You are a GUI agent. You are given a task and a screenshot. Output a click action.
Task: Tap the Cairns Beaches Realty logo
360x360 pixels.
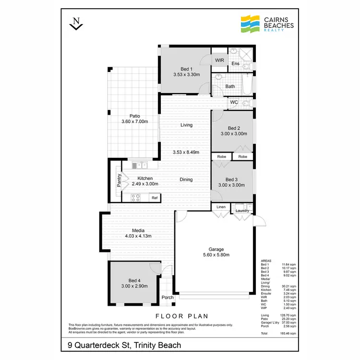point(266,23)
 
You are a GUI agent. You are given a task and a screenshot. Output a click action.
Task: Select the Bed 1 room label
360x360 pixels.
point(186,69)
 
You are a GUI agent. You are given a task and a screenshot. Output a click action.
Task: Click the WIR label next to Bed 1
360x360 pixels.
point(219,60)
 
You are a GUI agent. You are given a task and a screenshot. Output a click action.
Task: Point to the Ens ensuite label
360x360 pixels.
point(235,64)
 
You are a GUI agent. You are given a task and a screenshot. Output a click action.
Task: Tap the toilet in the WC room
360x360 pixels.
point(245,103)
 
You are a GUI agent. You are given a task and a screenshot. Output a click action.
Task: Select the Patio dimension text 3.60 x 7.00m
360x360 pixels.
point(134,122)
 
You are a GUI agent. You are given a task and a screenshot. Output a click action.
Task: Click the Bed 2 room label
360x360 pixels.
point(233,128)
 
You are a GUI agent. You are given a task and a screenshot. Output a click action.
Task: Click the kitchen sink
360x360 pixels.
point(140,166)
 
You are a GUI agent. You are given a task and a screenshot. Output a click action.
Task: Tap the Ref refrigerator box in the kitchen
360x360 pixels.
point(154,197)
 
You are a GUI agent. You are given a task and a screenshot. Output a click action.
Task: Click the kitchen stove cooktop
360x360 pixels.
point(135,197)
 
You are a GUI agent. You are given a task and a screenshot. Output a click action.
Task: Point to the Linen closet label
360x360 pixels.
point(221,207)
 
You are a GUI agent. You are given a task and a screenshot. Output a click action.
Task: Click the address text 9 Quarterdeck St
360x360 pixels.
point(99,344)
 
